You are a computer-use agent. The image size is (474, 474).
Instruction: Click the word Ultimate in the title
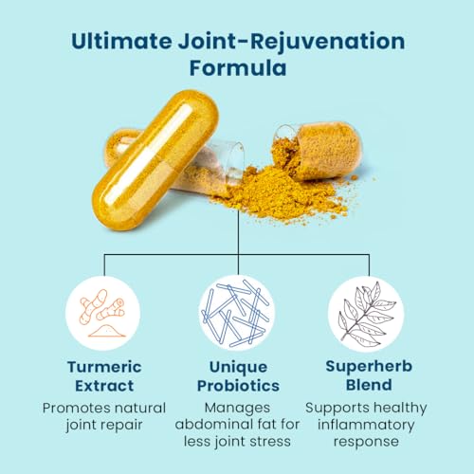point(121,42)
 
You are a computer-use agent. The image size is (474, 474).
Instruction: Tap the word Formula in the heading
point(238,68)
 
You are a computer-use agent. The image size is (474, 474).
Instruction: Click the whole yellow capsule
point(155,159)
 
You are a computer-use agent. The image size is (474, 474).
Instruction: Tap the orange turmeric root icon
point(102,313)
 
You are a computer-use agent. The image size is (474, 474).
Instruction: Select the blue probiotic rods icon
point(237,313)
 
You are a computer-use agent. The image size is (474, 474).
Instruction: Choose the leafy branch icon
point(366,313)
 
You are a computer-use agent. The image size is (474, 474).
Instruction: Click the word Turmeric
point(104,367)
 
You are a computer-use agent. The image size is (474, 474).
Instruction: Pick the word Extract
point(104,386)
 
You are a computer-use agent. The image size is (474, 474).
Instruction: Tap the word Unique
point(238,368)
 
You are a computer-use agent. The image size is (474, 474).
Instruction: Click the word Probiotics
point(238,386)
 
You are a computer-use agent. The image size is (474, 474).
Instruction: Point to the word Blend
point(369,385)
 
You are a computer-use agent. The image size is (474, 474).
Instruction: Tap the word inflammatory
point(366,426)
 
